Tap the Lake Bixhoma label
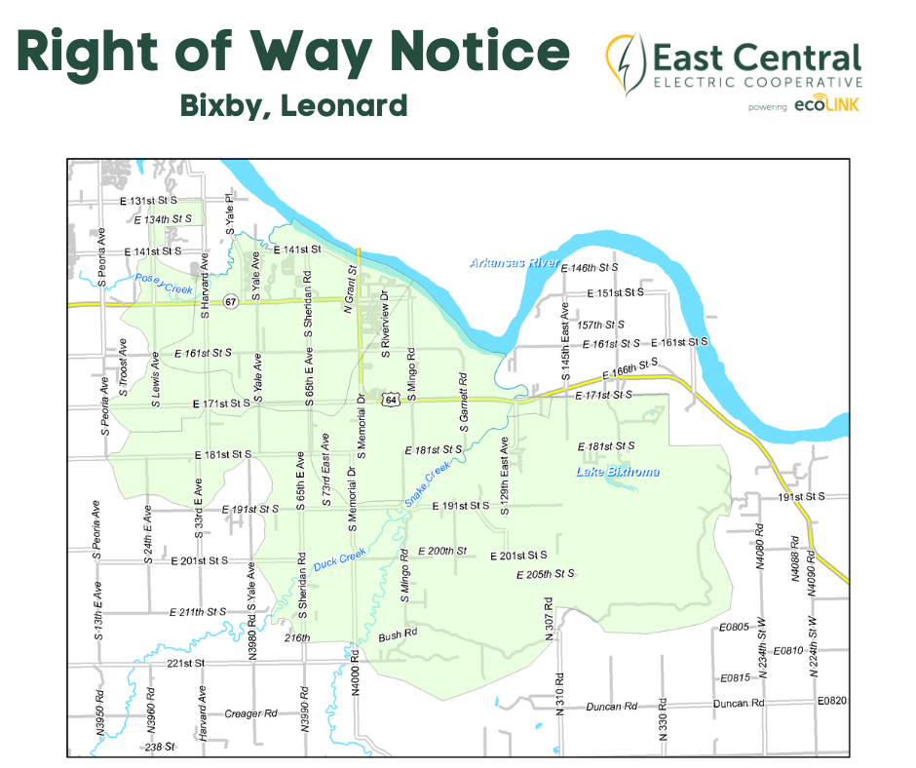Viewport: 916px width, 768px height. point(617,473)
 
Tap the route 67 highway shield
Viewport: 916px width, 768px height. point(229,299)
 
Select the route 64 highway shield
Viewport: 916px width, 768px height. point(390,400)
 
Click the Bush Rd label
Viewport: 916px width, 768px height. point(398,633)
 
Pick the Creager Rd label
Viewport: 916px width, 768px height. point(251,713)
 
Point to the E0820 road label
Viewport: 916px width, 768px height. point(832,701)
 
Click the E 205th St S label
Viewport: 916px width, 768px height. point(545,573)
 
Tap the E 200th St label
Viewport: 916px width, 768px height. point(442,551)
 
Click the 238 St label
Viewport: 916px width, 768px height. point(159,747)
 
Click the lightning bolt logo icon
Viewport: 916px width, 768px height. point(624,63)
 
